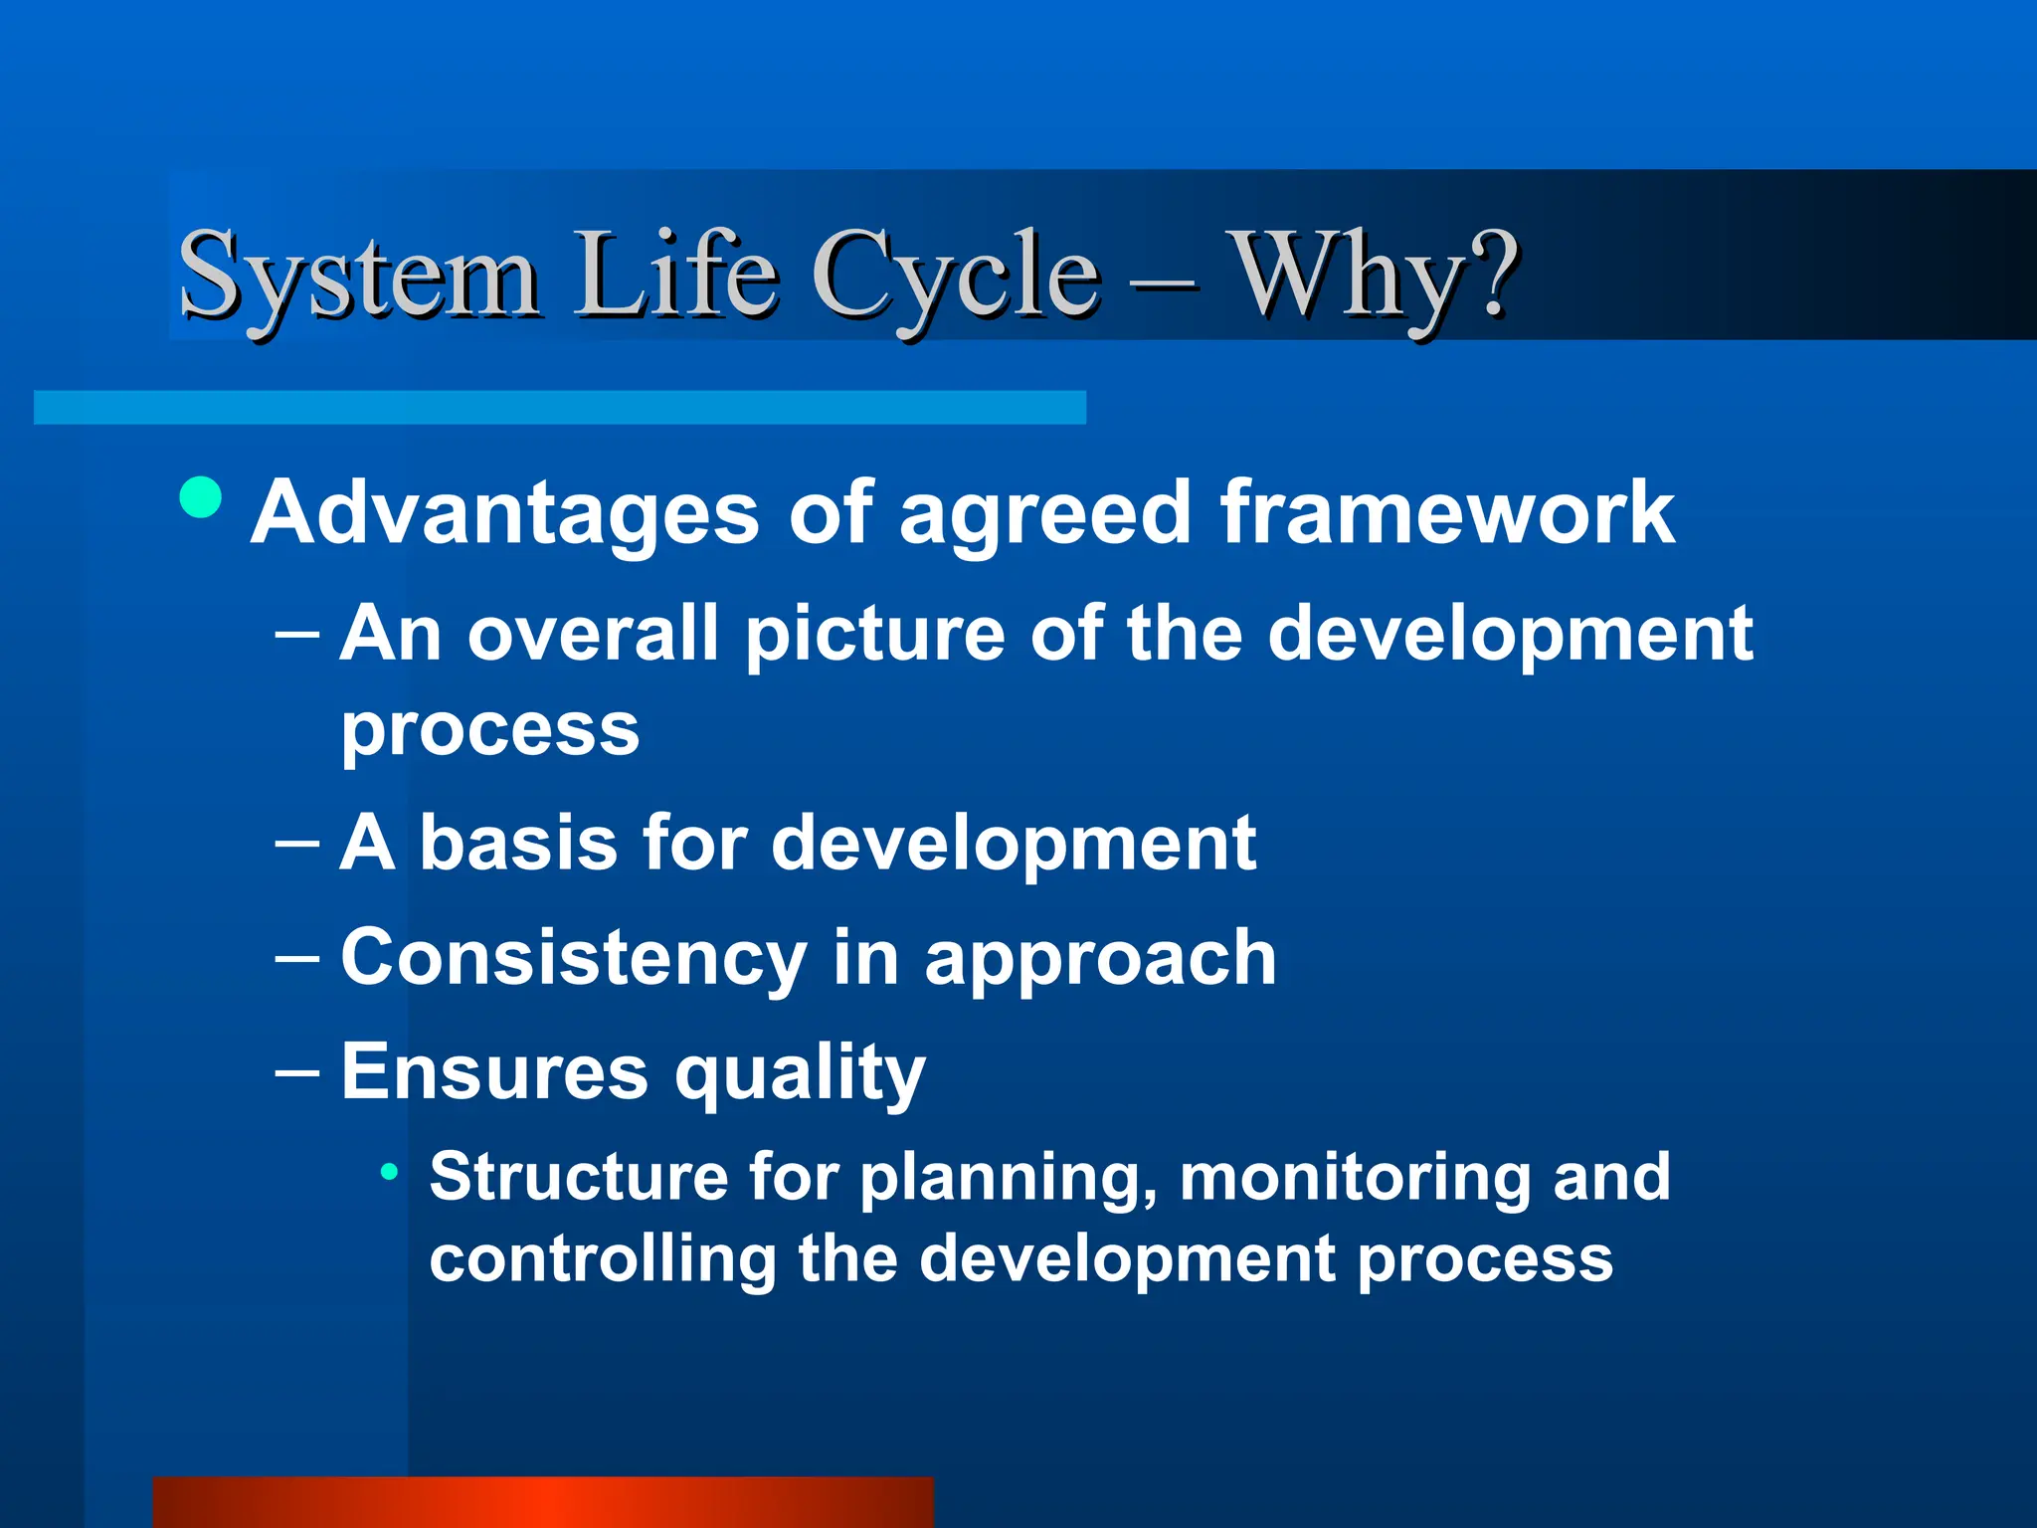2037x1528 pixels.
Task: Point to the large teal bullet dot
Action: [201, 496]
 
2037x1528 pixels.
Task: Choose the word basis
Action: [517, 842]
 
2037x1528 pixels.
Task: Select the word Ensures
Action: [494, 1072]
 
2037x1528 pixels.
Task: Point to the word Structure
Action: [579, 1177]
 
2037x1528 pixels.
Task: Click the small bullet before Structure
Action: [390, 1171]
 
